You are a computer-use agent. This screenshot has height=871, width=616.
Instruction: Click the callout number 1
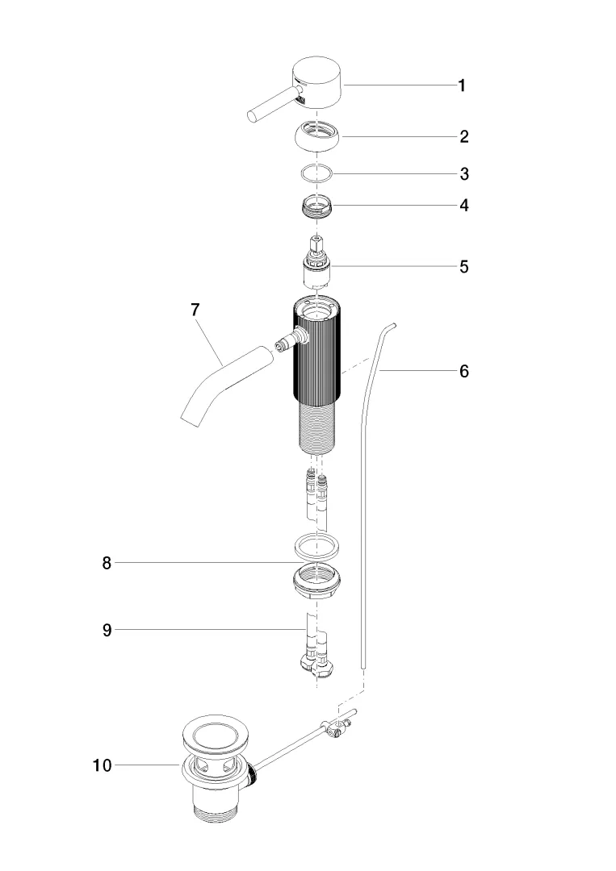pyautogui.click(x=462, y=85)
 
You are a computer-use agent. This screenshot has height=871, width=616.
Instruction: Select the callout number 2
pyautogui.click(x=463, y=136)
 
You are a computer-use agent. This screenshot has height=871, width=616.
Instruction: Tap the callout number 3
pyautogui.click(x=464, y=174)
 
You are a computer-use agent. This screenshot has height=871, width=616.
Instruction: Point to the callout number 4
pyautogui.click(x=463, y=206)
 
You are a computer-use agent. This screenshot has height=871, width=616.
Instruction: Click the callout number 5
pyautogui.click(x=463, y=267)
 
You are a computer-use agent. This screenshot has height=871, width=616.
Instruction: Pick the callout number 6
pyautogui.click(x=464, y=371)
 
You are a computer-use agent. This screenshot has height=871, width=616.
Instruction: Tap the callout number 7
pyautogui.click(x=195, y=310)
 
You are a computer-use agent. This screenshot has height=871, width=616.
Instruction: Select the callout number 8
pyautogui.click(x=107, y=563)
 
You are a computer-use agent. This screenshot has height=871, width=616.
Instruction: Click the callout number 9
pyautogui.click(x=107, y=630)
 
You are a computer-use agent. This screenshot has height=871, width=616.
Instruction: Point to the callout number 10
pyautogui.click(x=103, y=765)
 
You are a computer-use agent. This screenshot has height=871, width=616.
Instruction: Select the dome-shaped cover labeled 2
pyautogui.click(x=317, y=136)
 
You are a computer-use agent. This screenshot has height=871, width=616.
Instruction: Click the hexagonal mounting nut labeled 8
pyautogui.click(x=317, y=581)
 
